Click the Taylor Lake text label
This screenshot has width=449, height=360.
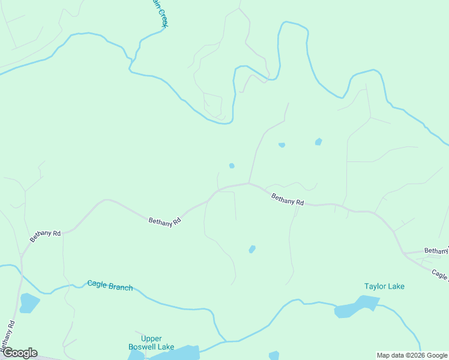(384, 286)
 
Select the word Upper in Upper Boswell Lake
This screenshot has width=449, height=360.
(151, 338)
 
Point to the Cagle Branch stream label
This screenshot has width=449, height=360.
(110, 286)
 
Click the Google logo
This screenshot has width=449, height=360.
(20, 353)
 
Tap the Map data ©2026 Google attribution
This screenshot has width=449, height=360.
(412, 355)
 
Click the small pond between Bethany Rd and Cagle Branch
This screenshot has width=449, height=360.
(252, 249)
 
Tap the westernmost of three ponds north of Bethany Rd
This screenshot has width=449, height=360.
(232, 166)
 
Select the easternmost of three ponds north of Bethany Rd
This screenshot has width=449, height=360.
(318, 142)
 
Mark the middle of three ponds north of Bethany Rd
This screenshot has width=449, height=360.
(282, 145)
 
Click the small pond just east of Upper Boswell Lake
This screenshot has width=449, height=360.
(274, 355)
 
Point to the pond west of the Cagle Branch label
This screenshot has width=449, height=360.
(28, 303)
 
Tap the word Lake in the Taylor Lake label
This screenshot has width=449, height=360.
(396, 286)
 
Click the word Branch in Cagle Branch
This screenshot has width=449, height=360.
(120, 286)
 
